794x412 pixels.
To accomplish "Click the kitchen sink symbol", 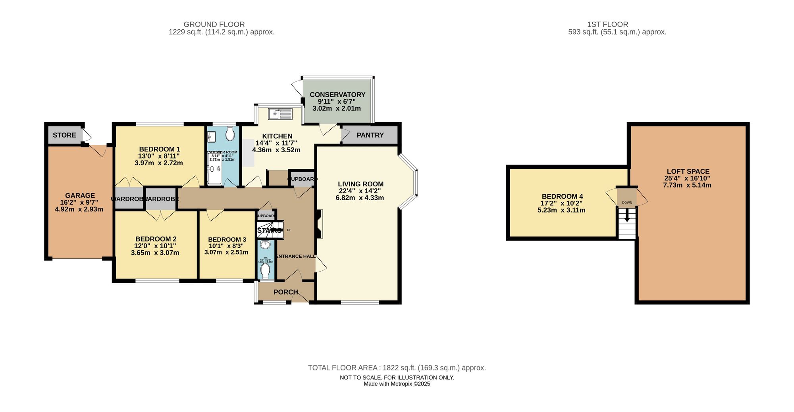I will [280, 114].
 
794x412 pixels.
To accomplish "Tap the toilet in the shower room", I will [230, 134].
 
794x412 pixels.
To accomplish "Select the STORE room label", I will [64, 135].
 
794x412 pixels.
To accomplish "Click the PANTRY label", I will [370, 135].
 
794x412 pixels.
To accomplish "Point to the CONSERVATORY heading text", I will [337, 95].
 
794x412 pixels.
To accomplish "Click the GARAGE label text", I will [80, 195].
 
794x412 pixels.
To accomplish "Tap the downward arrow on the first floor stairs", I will [627, 216].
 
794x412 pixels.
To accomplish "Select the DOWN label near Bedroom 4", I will [627, 203].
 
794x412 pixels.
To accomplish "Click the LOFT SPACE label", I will [688, 172].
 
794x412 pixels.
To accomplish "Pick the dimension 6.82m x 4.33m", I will [360, 198].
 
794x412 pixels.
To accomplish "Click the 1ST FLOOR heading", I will [607, 25].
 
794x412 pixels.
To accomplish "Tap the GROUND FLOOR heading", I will [214, 25].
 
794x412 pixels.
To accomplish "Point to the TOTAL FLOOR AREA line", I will [397, 368].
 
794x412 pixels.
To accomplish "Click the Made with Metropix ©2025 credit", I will [397, 384].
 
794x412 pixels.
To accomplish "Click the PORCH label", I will [285, 292].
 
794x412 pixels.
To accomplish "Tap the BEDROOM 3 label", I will [227, 240].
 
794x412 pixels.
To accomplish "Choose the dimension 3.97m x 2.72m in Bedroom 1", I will [159, 163].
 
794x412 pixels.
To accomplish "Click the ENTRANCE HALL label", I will [296, 256].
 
